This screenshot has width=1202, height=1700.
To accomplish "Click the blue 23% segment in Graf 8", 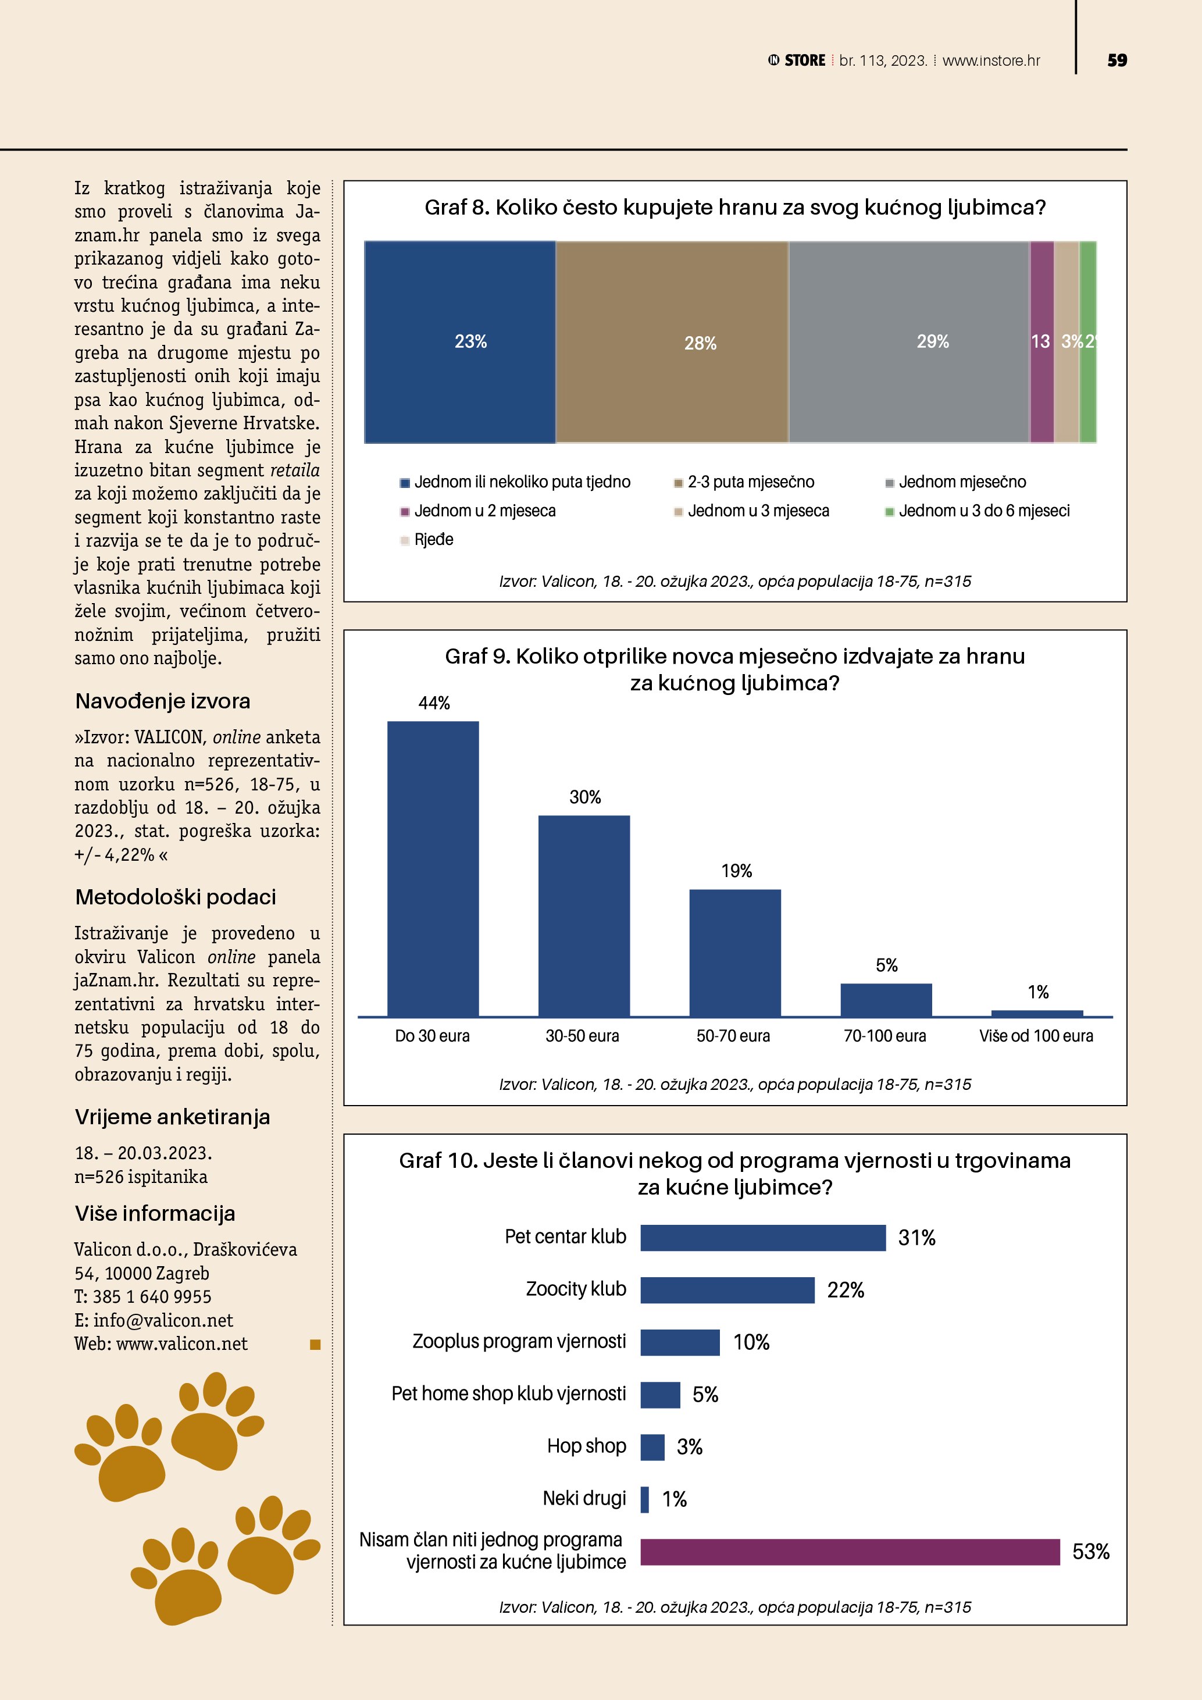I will point(459,341).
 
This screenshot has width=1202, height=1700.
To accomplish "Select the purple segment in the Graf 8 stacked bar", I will point(1042,341).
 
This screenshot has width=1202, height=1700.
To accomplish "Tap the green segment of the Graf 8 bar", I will point(1087,341).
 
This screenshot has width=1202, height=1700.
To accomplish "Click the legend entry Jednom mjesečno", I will point(961,482).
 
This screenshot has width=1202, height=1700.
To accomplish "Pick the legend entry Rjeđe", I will point(434,540).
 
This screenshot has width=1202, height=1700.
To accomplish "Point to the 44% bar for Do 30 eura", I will point(433,868).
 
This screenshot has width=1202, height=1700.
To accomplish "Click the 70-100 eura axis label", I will point(884,1036).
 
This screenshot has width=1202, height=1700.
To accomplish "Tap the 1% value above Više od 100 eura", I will point(1037,992).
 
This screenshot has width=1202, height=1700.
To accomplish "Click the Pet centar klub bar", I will point(762,1238).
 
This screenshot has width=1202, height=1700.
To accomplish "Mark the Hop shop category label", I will point(586,1446).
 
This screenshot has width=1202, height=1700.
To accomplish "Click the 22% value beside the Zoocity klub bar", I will point(846,1291).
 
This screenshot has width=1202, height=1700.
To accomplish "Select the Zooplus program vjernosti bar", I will point(679,1342).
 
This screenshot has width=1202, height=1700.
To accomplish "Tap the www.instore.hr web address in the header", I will point(991,60).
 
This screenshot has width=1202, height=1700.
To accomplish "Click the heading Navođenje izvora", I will point(163,701).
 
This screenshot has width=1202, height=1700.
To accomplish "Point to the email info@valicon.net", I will point(163,1320).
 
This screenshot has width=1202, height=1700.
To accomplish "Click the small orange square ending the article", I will point(315,1344).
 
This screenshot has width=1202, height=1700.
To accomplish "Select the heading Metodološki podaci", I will point(176,897).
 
